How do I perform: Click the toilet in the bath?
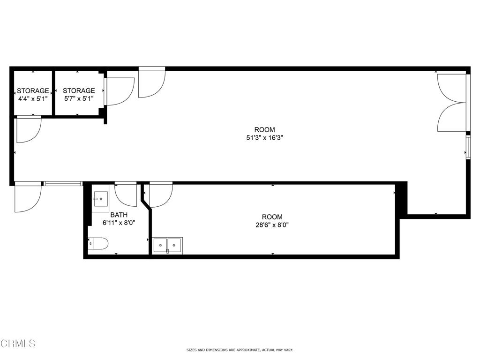(x=99, y=244)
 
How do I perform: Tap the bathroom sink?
(x=100, y=199)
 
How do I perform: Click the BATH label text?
(x=119, y=215)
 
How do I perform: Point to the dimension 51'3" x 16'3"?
(x=264, y=138)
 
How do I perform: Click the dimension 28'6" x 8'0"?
(x=272, y=225)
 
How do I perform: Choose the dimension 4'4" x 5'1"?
(x=33, y=99)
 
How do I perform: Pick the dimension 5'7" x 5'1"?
(x=79, y=99)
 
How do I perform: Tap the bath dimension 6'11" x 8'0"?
(x=119, y=223)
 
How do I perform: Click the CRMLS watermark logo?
(x=18, y=344)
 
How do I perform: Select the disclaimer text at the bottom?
(x=240, y=350)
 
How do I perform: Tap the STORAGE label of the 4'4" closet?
(x=33, y=91)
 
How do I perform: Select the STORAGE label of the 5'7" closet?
(x=79, y=91)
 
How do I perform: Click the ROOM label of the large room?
(x=264, y=130)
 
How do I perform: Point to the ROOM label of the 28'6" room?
(x=272, y=217)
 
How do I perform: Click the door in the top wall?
(x=151, y=83)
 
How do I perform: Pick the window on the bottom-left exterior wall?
(x=63, y=183)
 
